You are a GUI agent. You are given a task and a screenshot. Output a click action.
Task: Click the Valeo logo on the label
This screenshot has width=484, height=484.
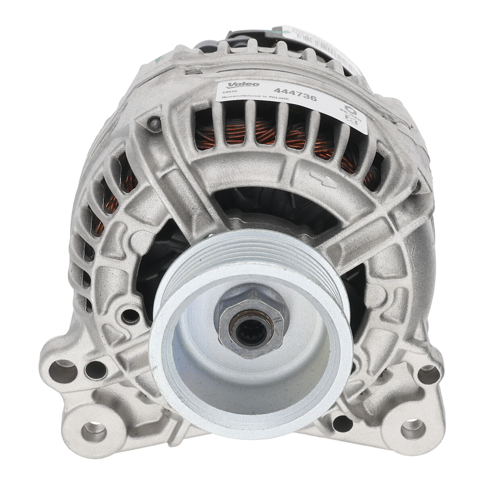click(238, 85)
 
